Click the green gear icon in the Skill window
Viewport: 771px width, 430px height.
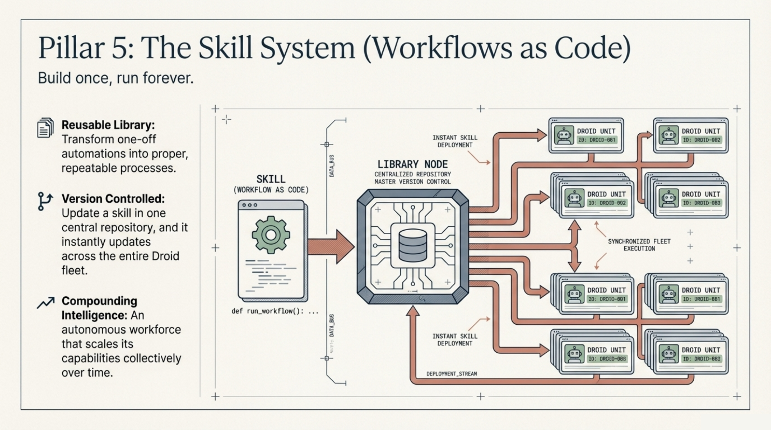(271, 235)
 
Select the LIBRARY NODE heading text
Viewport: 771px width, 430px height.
(412, 164)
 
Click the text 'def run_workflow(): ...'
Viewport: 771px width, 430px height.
(275, 311)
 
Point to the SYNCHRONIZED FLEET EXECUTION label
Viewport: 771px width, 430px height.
(639, 245)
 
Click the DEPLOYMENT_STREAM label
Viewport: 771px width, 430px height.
(451, 374)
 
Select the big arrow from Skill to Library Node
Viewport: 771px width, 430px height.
(331, 246)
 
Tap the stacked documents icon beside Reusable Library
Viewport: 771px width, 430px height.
(45, 128)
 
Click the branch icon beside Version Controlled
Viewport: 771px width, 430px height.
(45, 201)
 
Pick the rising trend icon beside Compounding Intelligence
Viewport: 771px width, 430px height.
(46, 303)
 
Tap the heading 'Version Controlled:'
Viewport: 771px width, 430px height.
(113, 199)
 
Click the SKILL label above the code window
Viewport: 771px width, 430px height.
(271, 179)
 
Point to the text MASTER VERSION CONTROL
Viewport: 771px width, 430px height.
(412, 182)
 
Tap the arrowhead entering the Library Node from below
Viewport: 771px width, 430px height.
(412, 311)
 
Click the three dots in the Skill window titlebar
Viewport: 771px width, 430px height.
(249, 205)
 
